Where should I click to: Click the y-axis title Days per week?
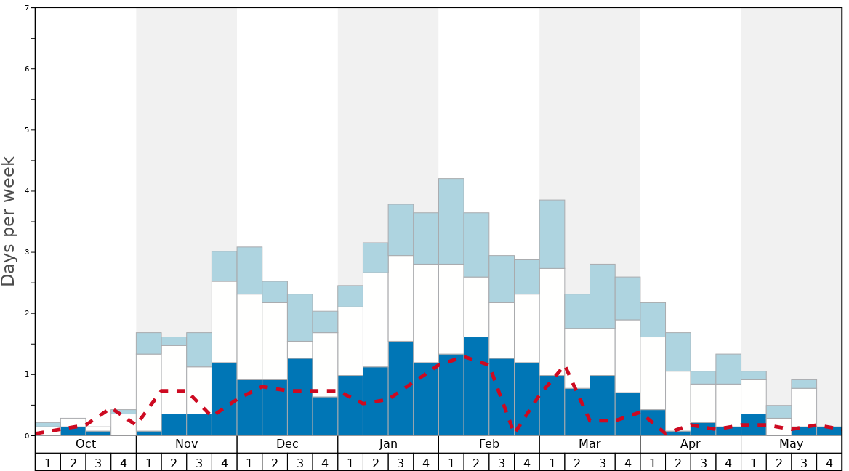tap(9, 221)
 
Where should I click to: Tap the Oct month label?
tap(86, 444)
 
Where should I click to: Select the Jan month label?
tap(388, 444)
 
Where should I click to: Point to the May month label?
tap(791, 444)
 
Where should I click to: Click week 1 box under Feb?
tap(451, 462)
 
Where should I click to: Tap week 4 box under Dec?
tap(325, 462)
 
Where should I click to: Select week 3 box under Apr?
tap(703, 462)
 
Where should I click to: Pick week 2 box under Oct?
tap(73, 462)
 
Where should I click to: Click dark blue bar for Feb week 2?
tap(476, 386)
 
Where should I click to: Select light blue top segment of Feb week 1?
tap(451, 221)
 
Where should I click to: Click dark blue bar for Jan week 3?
tap(401, 388)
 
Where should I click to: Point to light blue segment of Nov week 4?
tap(224, 266)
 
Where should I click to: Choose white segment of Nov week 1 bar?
tap(148, 392)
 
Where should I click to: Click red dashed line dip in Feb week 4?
tap(515, 430)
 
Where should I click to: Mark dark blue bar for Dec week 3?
tap(299, 397)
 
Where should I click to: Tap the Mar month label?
tap(590, 444)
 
